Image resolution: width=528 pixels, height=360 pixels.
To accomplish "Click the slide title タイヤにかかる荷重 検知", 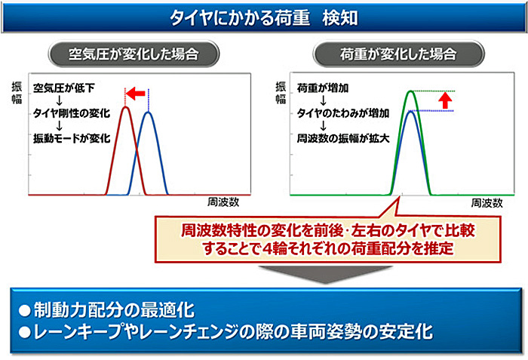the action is click(x=264, y=18).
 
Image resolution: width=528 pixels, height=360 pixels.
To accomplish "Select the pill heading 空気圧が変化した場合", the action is click(x=134, y=54).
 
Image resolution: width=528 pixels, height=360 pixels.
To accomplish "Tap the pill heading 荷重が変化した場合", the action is click(x=398, y=54).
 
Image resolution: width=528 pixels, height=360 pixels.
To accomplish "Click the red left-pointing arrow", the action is click(x=135, y=94).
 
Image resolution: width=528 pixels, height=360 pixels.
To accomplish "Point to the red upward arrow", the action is click(x=446, y=100).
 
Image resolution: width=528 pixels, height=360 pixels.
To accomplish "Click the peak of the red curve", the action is click(x=125, y=107).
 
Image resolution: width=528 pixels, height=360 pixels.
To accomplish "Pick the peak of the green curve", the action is click(x=410, y=91).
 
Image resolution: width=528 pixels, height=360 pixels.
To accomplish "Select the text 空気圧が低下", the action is click(x=63, y=88).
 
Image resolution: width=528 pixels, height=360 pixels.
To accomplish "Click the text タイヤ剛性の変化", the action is click(x=72, y=113).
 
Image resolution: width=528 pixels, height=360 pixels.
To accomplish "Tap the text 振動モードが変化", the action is click(x=72, y=138).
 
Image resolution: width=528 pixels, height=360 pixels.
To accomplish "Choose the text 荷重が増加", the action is click(x=323, y=88).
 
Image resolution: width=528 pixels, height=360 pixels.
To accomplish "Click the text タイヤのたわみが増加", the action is click(x=342, y=113).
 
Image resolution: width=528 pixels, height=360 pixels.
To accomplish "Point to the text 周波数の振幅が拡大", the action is click(x=342, y=138).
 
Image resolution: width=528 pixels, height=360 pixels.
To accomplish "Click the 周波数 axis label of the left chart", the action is click(x=223, y=202).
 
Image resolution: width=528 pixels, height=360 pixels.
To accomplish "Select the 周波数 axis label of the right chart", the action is click(x=487, y=202).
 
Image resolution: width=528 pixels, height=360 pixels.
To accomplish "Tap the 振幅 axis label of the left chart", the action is click(x=17, y=93).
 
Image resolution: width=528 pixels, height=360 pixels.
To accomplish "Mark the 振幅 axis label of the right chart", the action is click(x=281, y=93).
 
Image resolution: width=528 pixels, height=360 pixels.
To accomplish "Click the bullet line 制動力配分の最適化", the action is click(x=107, y=310).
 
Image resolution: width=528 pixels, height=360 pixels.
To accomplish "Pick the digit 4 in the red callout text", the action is click(x=267, y=249).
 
